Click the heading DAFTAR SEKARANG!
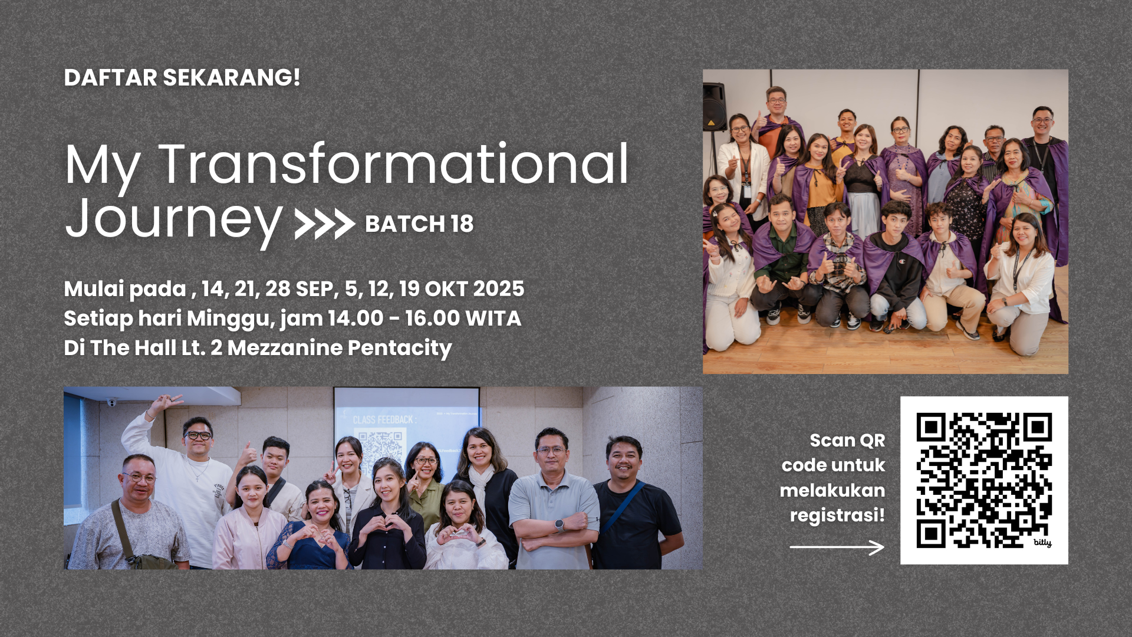(x=182, y=78)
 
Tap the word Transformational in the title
(x=394, y=164)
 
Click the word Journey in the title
(x=174, y=219)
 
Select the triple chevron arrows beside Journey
(x=325, y=224)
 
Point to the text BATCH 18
(x=419, y=224)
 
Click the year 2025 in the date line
(x=498, y=288)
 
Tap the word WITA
(x=492, y=318)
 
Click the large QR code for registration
(x=984, y=480)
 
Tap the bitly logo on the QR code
(x=1042, y=542)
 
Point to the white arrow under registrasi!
(x=837, y=547)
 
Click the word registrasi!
(x=837, y=515)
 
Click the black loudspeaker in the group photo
(x=715, y=107)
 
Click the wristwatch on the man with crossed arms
(x=559, y=525)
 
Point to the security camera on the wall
(x=112, y=402)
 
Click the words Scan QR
(x=847, y=441)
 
